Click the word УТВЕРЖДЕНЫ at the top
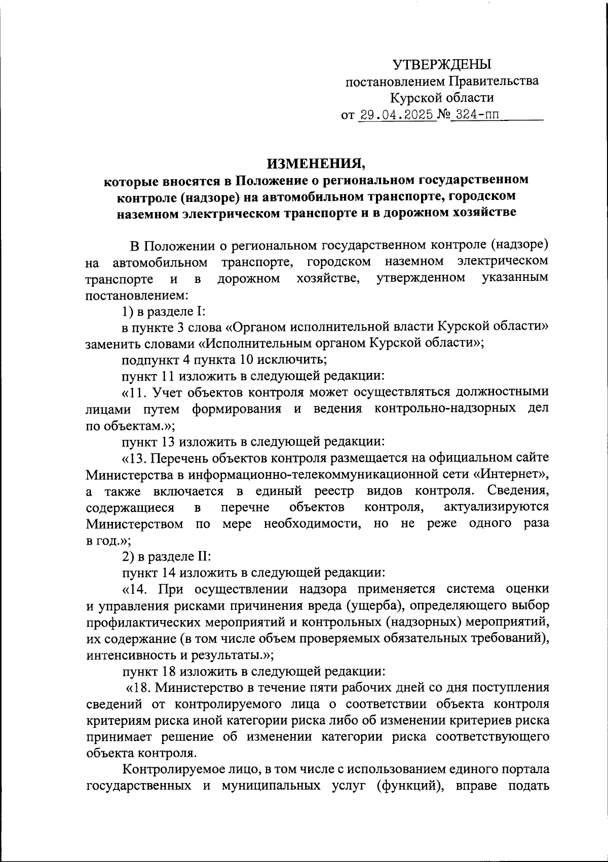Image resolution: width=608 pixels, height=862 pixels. pos(442,64)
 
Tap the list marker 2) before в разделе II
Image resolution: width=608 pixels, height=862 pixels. pos(129,556)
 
